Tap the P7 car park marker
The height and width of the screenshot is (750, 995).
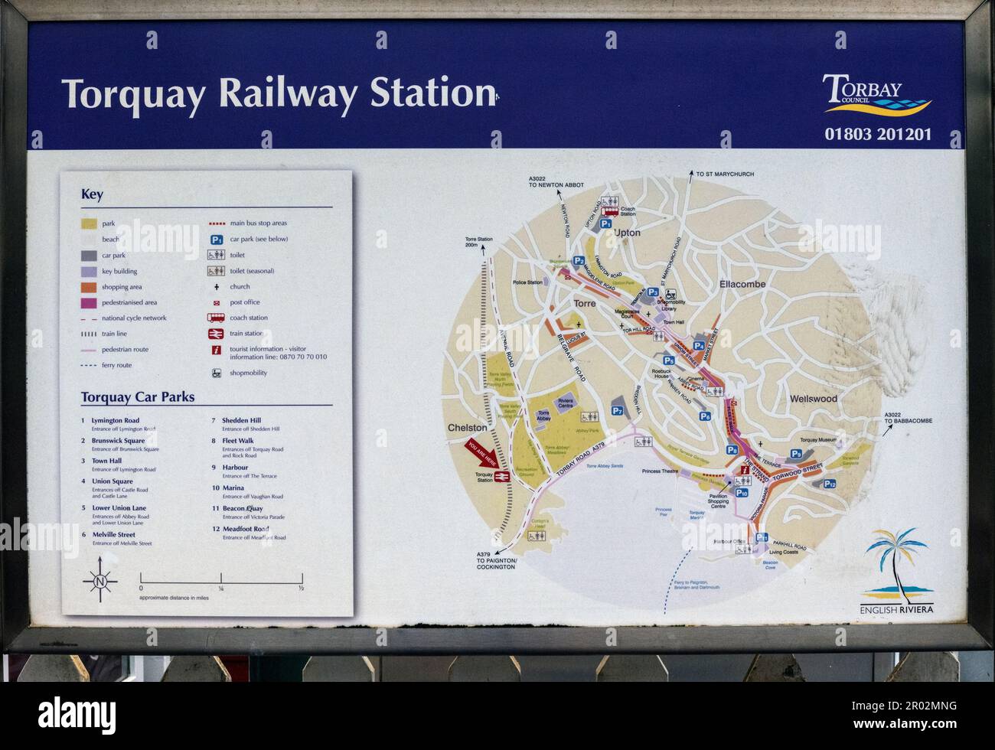pos(618,411)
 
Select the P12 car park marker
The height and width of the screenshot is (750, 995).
pos(830,484)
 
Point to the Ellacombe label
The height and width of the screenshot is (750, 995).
pos(742,285)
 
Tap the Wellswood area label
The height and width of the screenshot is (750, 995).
pos(813,399)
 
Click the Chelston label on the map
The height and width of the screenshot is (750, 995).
pos(467,428)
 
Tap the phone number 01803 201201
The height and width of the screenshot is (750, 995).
pos(878,134)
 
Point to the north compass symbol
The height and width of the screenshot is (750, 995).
pos(99,582)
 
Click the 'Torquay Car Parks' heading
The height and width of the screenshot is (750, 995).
pos(138,397)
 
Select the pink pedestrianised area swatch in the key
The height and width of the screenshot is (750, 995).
pos(88,302)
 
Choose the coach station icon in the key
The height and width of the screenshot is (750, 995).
pos(215,318)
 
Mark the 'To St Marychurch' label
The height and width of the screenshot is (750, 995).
pos(725,174)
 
